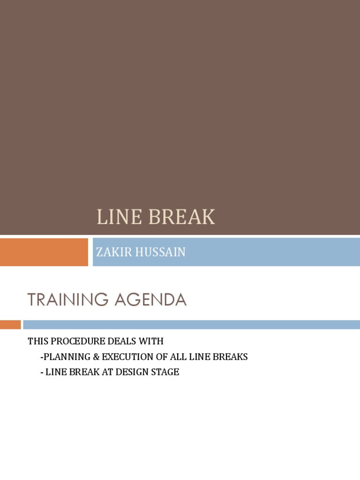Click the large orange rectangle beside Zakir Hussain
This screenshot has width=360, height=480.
[x=44, y=252]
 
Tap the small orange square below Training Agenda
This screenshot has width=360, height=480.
[x=10, y=324]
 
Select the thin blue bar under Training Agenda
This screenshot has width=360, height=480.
[x=191, y=324]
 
